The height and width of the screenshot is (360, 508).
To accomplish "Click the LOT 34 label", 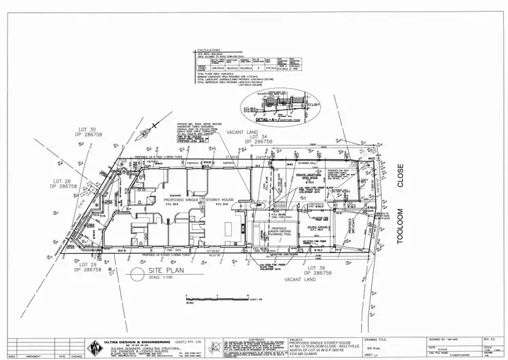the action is (259, 137).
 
